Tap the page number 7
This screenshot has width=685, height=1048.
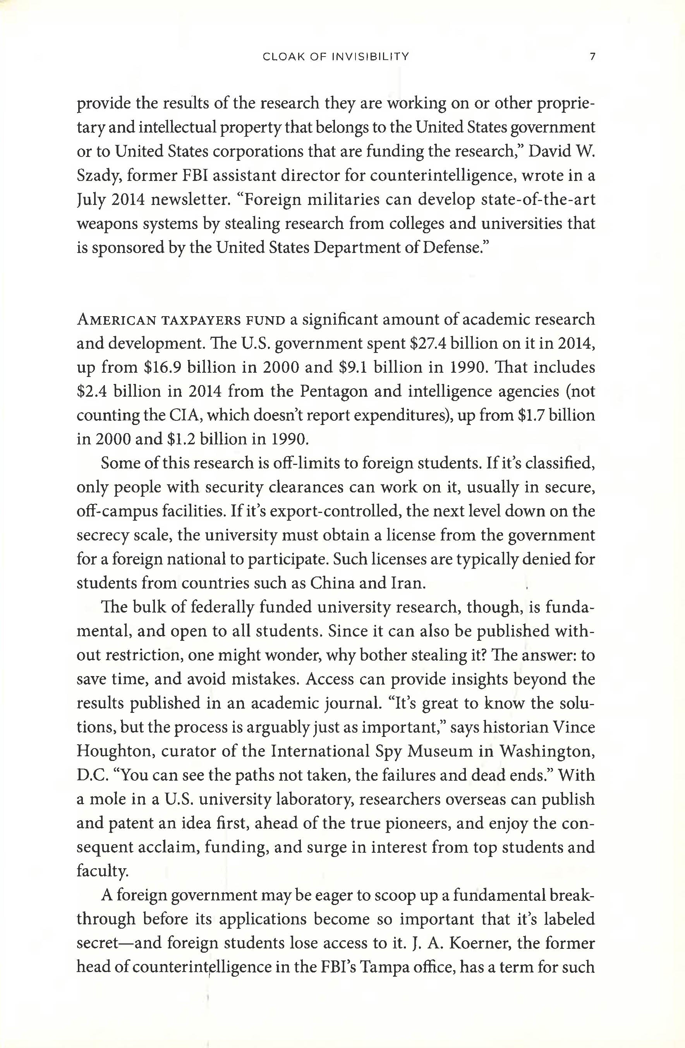[592, 57]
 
